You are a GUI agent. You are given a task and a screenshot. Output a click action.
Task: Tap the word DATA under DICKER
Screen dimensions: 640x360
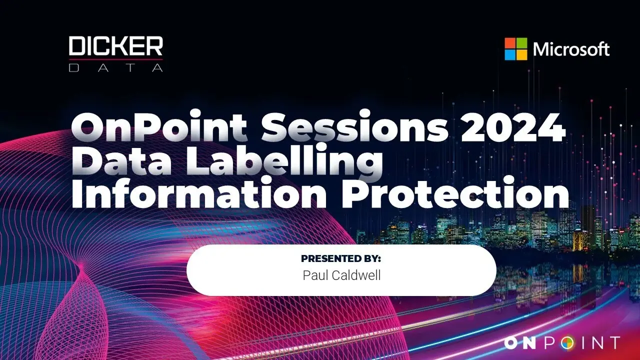115,67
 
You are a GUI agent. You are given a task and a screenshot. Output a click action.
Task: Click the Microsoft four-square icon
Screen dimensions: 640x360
515,49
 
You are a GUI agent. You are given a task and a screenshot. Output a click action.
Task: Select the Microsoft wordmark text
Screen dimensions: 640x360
571,49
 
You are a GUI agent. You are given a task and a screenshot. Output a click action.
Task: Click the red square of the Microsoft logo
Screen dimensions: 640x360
510,43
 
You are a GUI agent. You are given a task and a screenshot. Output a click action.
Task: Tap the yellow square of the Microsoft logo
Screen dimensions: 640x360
521,55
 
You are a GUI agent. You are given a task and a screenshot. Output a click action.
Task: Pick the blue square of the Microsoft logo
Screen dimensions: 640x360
510,55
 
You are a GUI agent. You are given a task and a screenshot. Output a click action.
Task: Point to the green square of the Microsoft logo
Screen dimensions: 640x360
521,43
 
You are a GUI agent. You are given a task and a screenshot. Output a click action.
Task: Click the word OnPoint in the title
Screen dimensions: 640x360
159,126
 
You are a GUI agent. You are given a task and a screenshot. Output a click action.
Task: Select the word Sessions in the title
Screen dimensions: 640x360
355,126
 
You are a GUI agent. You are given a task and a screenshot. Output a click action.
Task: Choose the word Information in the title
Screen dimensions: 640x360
199,192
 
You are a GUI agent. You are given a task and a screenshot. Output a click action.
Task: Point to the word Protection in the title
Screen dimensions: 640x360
455,192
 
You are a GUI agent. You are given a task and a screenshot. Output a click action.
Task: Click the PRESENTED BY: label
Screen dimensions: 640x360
341,258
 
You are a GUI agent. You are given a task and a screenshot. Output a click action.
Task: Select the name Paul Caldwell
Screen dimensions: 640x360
341,275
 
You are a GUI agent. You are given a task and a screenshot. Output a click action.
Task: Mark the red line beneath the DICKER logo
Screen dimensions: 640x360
115,59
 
